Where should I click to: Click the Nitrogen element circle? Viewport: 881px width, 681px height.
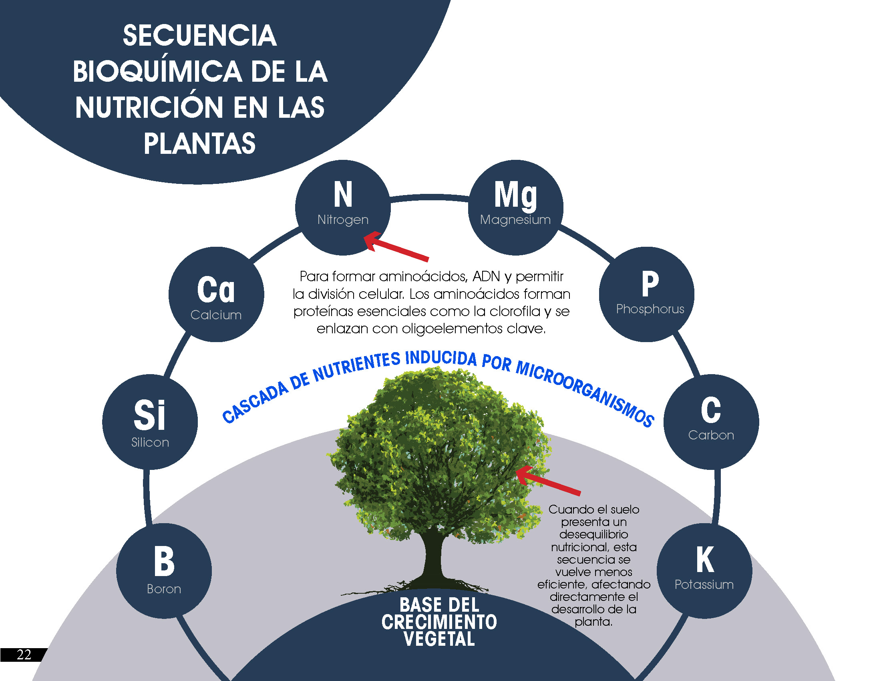point(343,208)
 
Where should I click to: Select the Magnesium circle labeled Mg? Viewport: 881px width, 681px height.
point(515,208)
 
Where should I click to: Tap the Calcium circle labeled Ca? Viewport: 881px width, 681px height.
point(216,294)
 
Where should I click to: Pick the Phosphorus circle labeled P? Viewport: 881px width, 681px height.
point(647,294)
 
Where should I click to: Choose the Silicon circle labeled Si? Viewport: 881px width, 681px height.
point(150,421)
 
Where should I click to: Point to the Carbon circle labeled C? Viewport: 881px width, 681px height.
point(711,421)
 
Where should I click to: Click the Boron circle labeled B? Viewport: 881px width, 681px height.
point(164,571)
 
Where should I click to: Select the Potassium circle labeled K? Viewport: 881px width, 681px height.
point(704,571)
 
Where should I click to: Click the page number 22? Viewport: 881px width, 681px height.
point(24,655)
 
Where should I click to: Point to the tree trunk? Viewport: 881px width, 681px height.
point(432,557)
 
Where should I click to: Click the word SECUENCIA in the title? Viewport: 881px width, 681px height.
point(200,36)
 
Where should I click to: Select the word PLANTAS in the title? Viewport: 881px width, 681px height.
point(200,143)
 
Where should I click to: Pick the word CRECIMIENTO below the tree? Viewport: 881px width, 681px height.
point(439,622)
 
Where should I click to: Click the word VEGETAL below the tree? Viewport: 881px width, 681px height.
point(439,639)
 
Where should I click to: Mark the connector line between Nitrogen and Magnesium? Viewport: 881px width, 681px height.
point(429,197)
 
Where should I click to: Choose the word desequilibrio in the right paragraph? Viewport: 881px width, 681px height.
point(593,534)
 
